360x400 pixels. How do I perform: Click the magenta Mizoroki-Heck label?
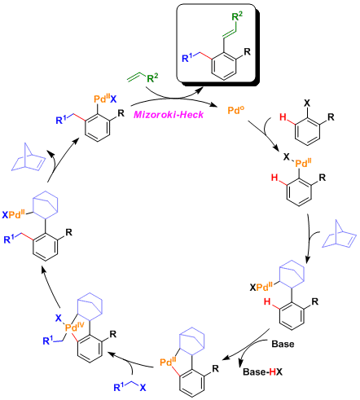click(x=169, y=114)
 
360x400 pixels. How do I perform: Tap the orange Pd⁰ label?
click(x=235, y=110)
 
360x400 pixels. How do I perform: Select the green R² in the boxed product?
click(x=237, y=16)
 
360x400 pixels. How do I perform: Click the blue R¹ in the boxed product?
click(x=187, y=58)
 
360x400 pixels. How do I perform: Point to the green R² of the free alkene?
click(x=152, y=78)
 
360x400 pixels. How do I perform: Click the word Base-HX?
click(x=262, y=371)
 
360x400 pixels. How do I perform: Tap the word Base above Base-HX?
click(x=283, y=344)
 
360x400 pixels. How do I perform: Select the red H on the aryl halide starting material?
click(x=283, y=117)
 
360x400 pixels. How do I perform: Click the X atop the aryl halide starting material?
click(x=307, y=103)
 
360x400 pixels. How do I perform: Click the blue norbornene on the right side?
click(x=339, y=234)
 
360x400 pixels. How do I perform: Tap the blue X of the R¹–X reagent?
click(x=143, y=388)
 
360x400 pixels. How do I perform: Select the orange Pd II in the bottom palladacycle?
click(x=168, y=362)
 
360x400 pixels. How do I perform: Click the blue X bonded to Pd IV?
click(x=59, y=318)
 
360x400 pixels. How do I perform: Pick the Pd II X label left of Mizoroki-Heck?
click(x=105, y=99)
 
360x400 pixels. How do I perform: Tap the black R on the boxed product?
click(x=247, y=51)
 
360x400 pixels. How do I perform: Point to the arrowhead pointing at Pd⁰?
click(x=216, y=105)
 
